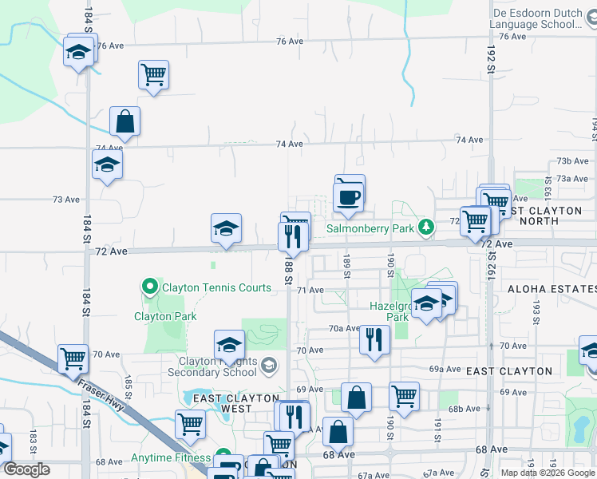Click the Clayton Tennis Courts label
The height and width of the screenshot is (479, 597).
216,287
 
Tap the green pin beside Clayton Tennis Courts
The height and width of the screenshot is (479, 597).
149,286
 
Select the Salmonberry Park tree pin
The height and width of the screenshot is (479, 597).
427,228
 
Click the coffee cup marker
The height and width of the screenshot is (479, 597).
349,196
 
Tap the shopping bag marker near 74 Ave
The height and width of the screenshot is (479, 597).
125,122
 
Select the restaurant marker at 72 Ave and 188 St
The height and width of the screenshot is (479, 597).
293,236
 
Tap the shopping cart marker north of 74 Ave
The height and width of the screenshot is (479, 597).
153,76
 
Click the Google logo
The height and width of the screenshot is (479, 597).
26,469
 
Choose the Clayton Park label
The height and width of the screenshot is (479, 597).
165,316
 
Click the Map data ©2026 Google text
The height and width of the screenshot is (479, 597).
548,473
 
